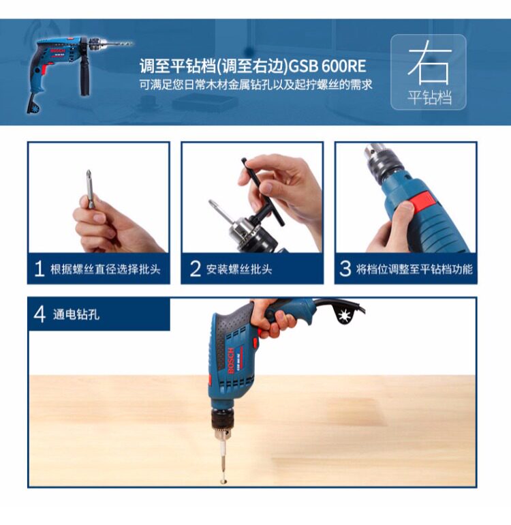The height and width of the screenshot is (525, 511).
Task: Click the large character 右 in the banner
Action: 429,62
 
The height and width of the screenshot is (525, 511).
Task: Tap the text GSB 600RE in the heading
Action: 326,66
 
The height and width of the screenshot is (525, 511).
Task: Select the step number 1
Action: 40,269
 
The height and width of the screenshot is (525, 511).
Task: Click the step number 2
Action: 195,269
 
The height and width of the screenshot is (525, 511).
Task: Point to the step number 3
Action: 345,269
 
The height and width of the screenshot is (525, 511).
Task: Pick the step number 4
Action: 40,314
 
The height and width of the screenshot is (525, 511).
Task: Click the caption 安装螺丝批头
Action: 239,269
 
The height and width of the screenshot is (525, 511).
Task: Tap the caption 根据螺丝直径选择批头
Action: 106,269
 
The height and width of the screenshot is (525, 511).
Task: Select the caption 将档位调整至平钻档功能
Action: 414,269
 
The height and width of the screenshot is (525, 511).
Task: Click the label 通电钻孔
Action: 76,315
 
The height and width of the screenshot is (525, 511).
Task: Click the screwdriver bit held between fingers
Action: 89,189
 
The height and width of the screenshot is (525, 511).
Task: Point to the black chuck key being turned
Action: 264,194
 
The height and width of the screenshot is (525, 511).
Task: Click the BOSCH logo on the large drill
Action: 231,361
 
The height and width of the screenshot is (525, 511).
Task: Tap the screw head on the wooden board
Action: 223,481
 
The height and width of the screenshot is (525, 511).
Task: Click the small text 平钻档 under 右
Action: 429,97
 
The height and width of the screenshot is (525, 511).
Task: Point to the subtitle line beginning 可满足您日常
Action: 255,85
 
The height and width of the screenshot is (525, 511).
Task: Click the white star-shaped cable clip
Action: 343,316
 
